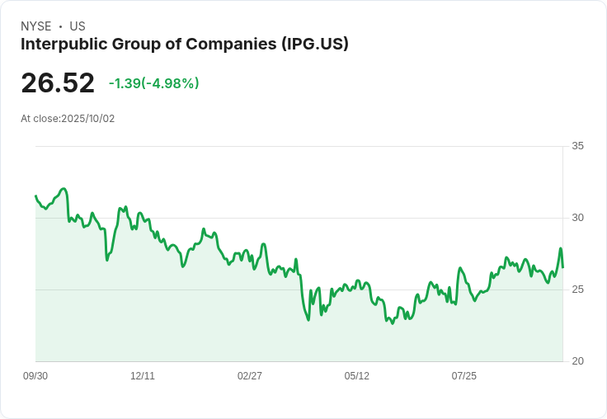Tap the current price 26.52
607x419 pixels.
click(x=58, y=83)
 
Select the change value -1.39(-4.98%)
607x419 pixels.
click(x=154, y=83)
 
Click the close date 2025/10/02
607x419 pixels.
click(x=88, y=119)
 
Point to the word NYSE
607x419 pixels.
click(x=35, y=26)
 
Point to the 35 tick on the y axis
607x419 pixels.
click(x=577, y=146)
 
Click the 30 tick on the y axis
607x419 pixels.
click(x=577, y=218)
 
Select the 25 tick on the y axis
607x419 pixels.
click(x=577, y=290)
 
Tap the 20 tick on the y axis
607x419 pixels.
click(x=577, y=361)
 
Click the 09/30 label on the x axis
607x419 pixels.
click(x=35, y=376)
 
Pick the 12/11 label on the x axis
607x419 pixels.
click(x=143, y=376)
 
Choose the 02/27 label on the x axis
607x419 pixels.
click(x=250, y=376)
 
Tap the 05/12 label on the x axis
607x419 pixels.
click(x=357, y=376)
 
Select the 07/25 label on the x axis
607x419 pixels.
click(x=464, y=376)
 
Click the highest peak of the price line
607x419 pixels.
click(x=64, y=189)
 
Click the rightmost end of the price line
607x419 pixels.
click(x=563, y=267)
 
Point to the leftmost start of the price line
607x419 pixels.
click(x=35, y=196)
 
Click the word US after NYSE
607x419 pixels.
click(x=78, y=26)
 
